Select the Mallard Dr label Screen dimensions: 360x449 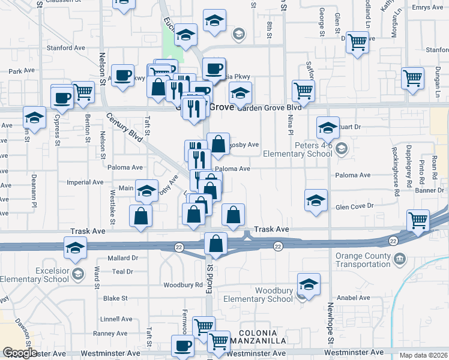pos(123,258)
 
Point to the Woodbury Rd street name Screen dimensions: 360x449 pos(179,284)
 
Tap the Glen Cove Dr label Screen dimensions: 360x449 pos(354,206)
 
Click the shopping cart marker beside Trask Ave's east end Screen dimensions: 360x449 pos(418,220)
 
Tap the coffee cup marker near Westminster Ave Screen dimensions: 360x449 pos(183,346)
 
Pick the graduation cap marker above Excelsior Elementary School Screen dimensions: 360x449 pos(74,248)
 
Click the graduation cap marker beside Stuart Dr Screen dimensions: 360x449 pos(328,127)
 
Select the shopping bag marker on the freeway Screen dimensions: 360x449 pos(216,244)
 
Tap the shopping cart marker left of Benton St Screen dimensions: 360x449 pos(83,92)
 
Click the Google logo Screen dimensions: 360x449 pos(19,353)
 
